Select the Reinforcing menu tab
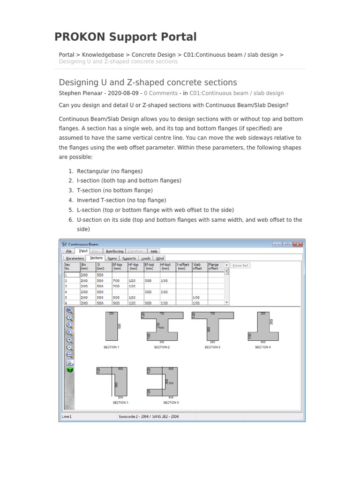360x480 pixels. tap(114, 251)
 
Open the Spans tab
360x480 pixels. tap(112, 258)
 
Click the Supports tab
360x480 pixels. tap(128, 258)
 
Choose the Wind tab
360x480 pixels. tap(160, 258)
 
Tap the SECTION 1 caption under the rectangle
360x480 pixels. tap(112, 347)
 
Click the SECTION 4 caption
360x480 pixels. tap(262, 347)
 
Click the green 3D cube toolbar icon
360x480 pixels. tap(69, 370)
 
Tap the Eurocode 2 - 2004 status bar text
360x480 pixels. tap(149, 416)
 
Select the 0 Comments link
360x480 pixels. tap(161, 93)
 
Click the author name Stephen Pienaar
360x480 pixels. tap(81, 93)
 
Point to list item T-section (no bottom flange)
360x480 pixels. tap(115, 190)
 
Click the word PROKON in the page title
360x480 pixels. tap(80, 37)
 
